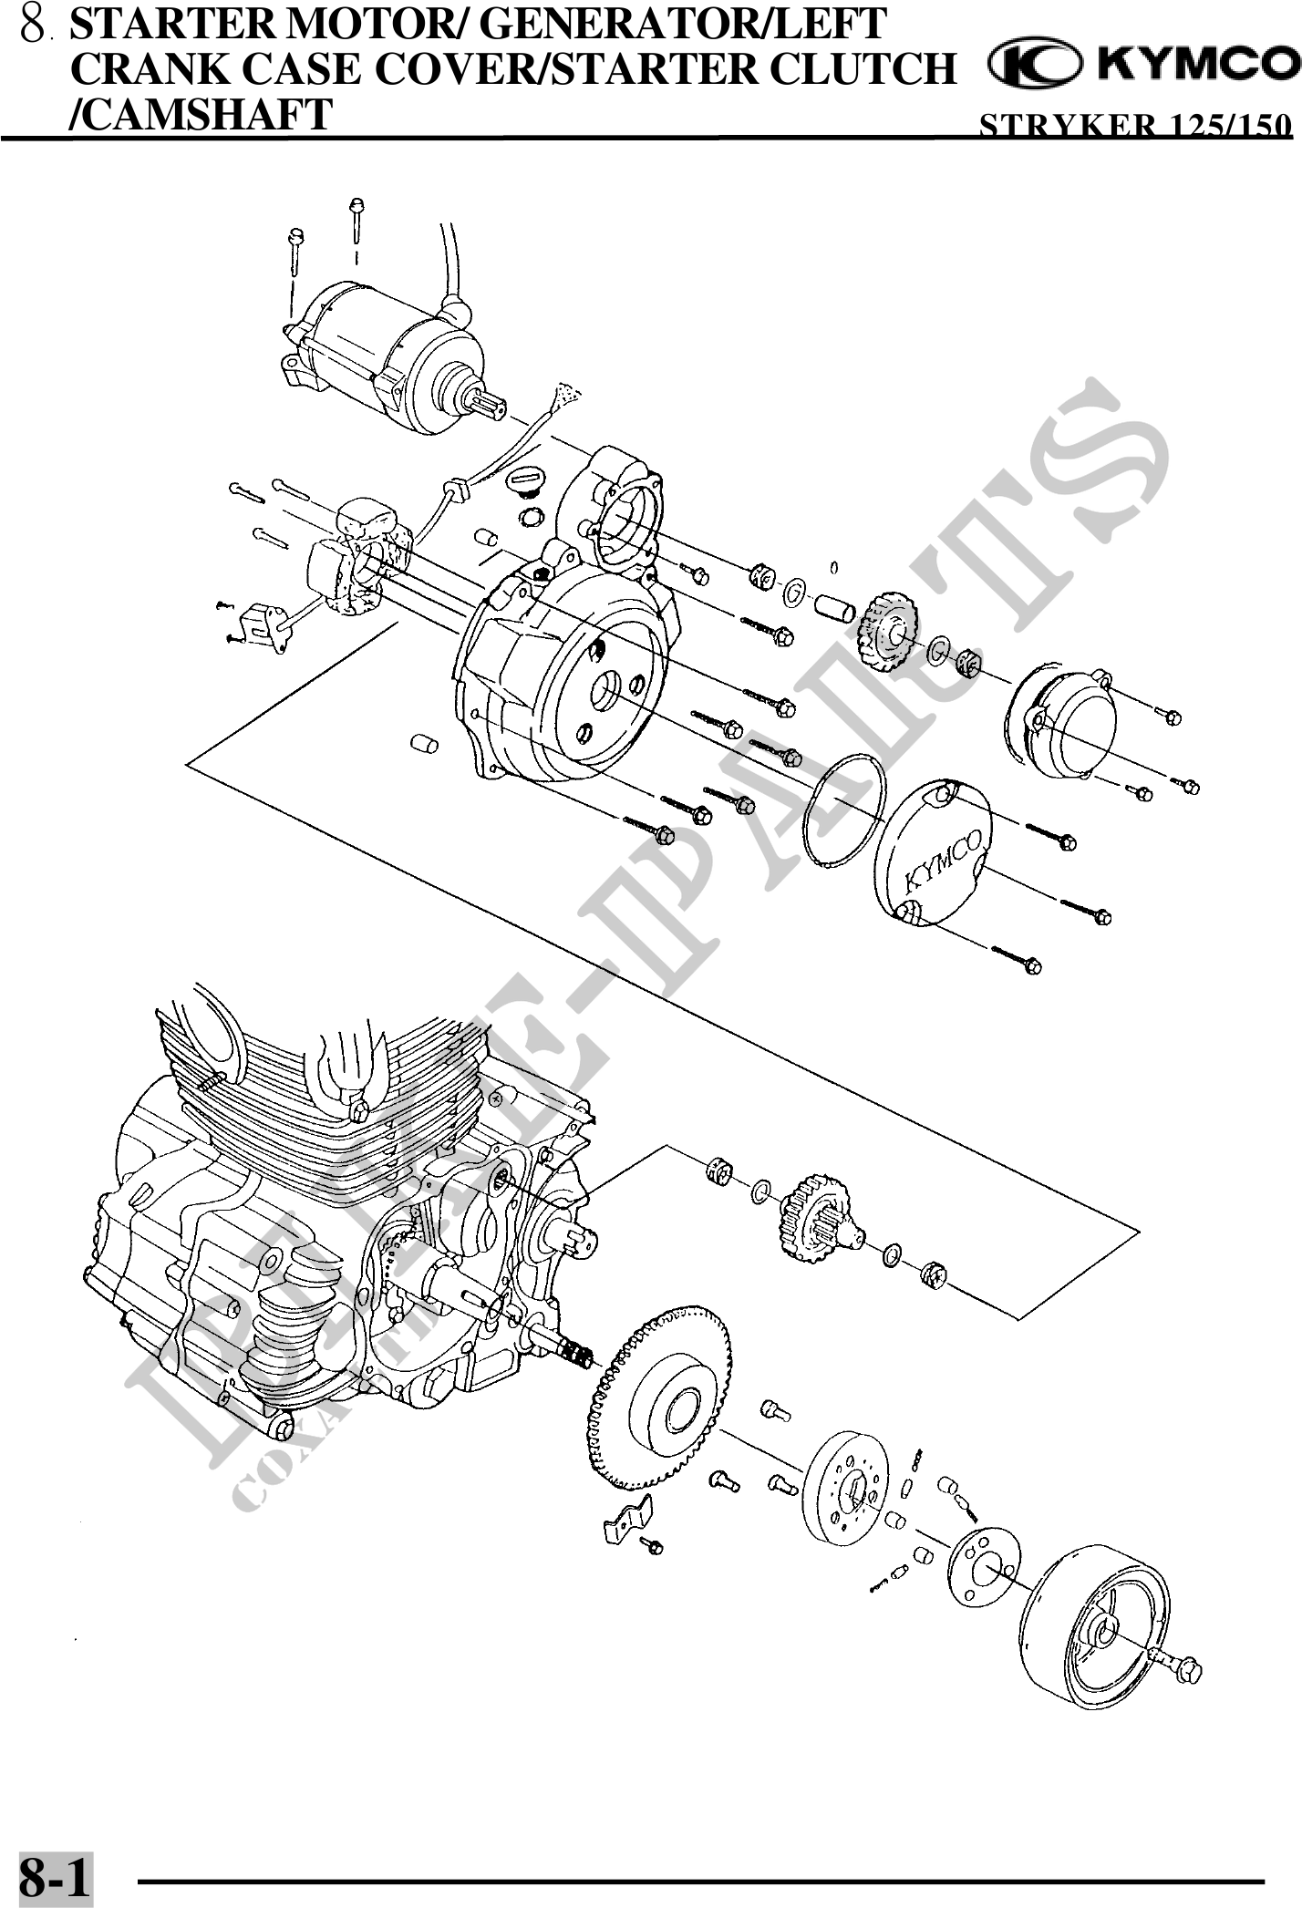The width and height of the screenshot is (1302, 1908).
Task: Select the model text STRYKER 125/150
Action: click(x=1134, y=125)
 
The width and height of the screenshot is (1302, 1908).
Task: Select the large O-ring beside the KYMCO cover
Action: click(x=844, y=807)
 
